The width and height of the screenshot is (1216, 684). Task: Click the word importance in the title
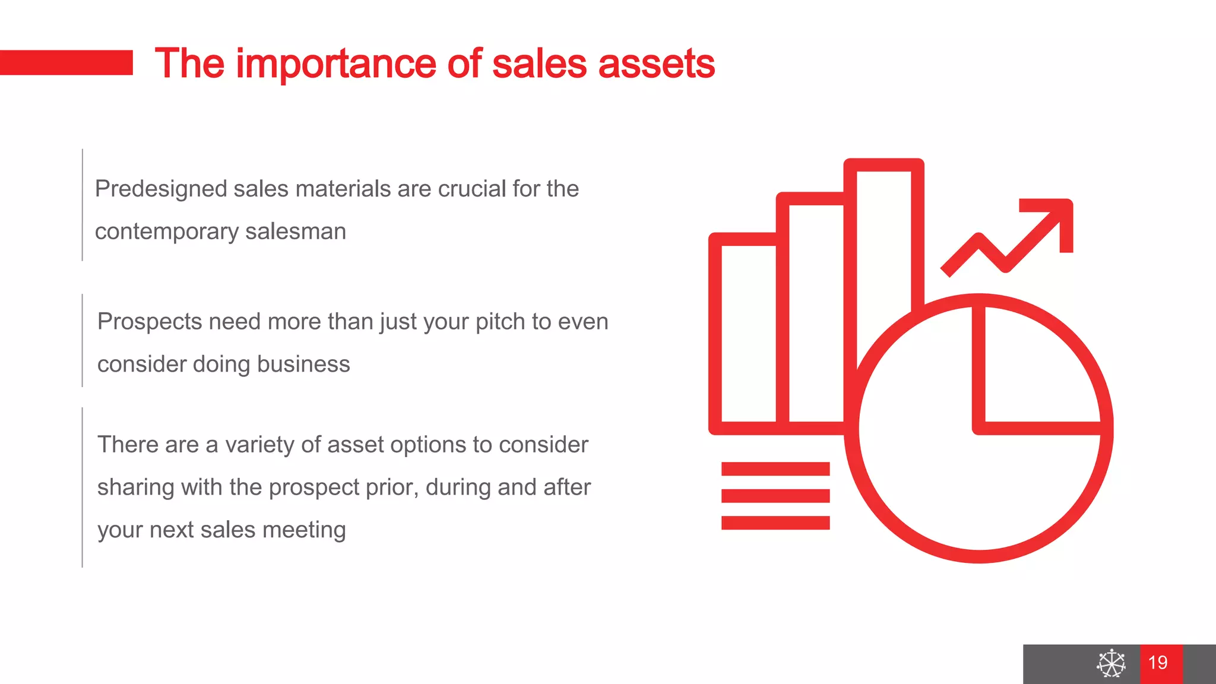tap(336, 64)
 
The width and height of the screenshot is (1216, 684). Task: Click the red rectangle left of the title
tap(66, 62)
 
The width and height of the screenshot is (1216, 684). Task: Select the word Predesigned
tap(161, 189)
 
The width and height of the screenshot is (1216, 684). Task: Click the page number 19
tap(1158, 663)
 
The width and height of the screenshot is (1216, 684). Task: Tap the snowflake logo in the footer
tap(1111, 663)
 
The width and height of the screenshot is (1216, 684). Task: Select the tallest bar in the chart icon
tap(883, 237)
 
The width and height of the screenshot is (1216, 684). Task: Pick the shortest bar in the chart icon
tap(748, 332)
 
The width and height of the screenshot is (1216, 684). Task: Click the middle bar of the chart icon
tap(816, 309)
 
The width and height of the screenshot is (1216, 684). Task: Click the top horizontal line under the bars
tap(775, 469)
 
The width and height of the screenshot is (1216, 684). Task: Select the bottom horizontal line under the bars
tap(775, 522)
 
